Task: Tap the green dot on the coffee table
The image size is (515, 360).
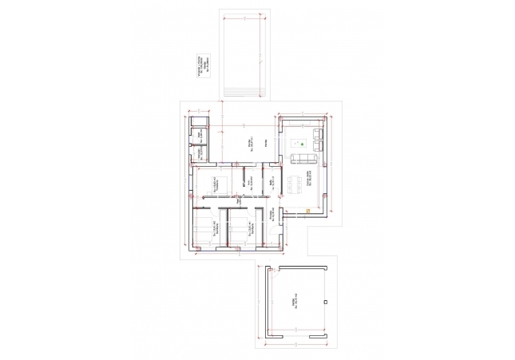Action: [303, 144]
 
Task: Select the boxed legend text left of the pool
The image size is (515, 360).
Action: [202, 65]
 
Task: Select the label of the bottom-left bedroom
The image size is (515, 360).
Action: [215, 230]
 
